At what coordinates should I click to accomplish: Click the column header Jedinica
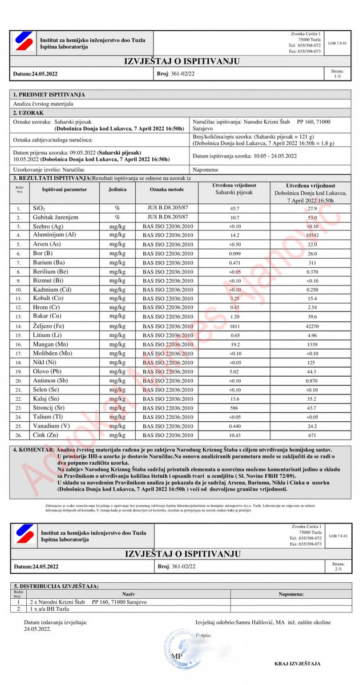point(118,189)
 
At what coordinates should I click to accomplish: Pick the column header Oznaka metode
point(167,189)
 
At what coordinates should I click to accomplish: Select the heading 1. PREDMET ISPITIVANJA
point(49,94)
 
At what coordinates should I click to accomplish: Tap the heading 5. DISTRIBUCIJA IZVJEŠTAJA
point(56,586)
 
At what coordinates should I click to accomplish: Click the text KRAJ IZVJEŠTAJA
point(297,664)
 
